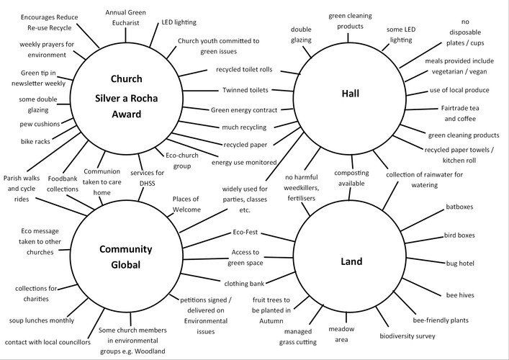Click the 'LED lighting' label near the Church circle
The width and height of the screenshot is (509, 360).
pyautogui.click(x=179, y=22)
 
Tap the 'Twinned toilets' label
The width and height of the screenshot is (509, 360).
pyautogui.click(x=246, y=90)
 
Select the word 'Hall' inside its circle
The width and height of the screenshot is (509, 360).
pyautogui.click(x=351, y=94)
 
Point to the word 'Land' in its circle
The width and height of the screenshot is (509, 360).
pyautogui.click(x=351, y=261)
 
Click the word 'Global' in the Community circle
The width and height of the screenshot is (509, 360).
pyautogui.click(x=125, y=264)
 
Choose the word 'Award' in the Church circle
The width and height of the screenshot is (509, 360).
pyautogui.click(x=127, y=114)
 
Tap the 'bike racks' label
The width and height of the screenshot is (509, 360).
pyautogui.click(x=35, y=142)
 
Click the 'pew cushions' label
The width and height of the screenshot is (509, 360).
pyautogui.click(x=40, y=124)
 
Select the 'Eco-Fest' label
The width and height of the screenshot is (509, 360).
pyautogui.click(x=245, y=232)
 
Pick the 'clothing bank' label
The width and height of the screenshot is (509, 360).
pyautogui.click(x=244, y=284)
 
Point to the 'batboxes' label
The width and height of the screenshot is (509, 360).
pyautogui.click(x=459, y=207)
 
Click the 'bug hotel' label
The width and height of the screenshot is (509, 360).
pyautogui.click(x=460, y=264)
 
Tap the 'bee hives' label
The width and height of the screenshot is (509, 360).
pyautogui.click(x=460, y=295)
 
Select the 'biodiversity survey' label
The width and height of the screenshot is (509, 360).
pyautogui.click(x=407, y=336)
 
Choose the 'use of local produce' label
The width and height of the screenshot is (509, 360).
pyautogui.click(x=459, y=90)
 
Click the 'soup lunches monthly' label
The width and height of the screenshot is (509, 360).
pyautogui.click(x=42, y=320)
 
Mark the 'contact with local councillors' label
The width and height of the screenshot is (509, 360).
pyautogui.click(x=48, y=342)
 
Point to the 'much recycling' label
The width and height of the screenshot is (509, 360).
pyautogui.click(x=244, y=127)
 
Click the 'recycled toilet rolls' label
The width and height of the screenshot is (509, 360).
pyautogui.click(x=244, y=69)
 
